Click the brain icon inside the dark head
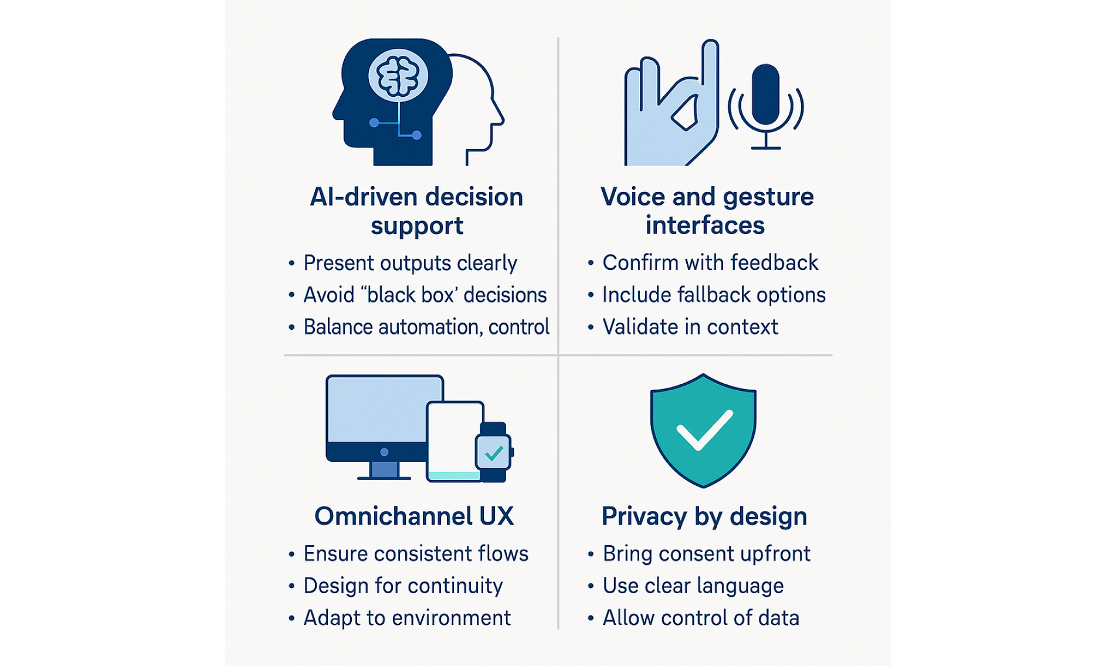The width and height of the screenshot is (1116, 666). point(398,76)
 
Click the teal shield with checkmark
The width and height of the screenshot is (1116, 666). point(703,431)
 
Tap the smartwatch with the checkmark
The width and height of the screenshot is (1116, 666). point(493,452)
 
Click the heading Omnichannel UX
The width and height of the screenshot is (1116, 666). point(414,516)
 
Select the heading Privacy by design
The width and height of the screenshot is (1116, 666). point(704,516)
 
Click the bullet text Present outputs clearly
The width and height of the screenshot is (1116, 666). point(410,263)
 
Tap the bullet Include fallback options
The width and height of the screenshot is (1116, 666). point(714,295)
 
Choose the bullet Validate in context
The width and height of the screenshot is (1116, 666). point(690,327)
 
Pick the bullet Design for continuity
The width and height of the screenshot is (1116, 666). point(403,586)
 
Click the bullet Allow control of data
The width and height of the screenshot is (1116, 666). point(701,618)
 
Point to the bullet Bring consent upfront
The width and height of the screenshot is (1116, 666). point(706,553)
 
